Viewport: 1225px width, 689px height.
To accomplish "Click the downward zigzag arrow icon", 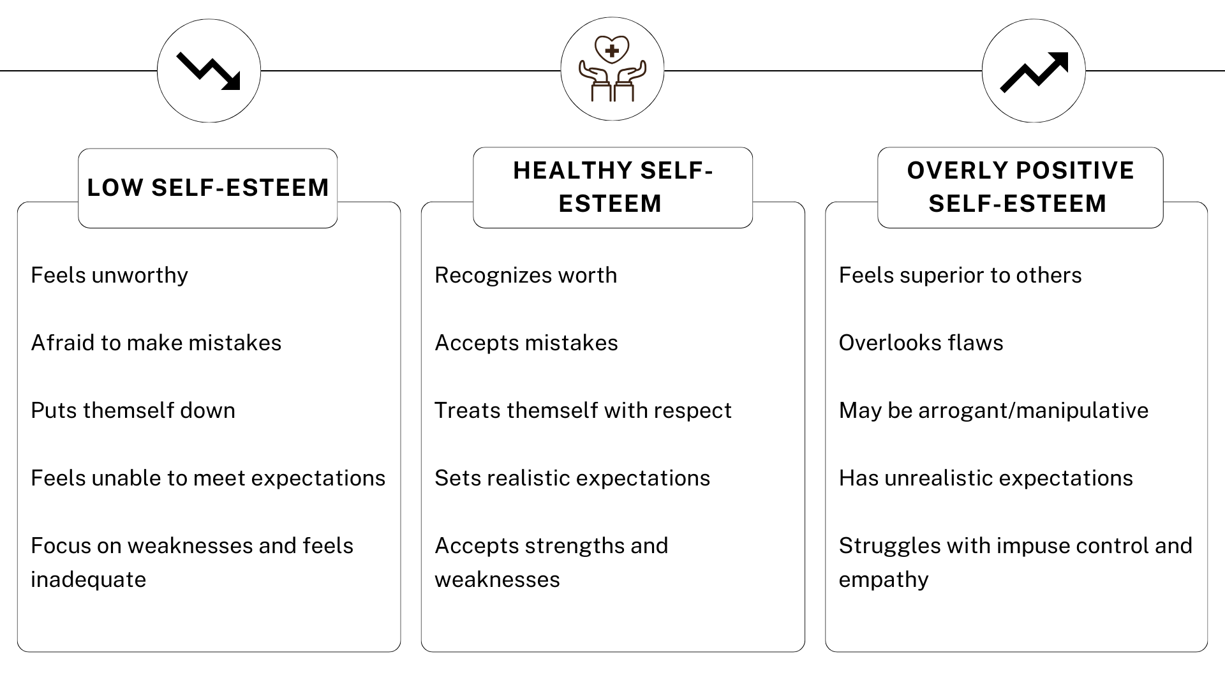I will [209, 71].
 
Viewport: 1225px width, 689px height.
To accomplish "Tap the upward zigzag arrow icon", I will [1034, 71].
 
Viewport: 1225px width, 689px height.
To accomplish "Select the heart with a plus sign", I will [612, 50].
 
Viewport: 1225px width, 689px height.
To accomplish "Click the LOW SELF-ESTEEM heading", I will [208, 188].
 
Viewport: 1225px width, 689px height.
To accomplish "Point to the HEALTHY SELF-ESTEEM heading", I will [612, 187].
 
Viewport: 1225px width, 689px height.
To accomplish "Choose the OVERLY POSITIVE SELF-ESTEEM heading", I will [1020, 187].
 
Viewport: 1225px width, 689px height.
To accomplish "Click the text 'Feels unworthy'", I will [109, 275].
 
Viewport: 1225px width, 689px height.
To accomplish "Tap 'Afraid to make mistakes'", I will [156, 343].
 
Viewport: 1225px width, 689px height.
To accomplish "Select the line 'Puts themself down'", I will [133, 410].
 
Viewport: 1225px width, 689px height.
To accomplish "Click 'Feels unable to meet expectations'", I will [208, 478].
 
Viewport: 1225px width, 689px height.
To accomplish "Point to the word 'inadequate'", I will [88, 579].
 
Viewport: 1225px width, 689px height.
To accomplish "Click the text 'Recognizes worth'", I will [526, 275].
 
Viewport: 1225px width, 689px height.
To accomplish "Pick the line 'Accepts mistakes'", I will [526, 343].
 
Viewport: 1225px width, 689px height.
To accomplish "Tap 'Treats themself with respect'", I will [583, 410].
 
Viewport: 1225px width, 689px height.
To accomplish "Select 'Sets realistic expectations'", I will [572, 478].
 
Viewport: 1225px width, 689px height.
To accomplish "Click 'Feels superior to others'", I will [960, 275].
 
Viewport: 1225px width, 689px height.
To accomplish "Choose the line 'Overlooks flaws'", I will [921, 343].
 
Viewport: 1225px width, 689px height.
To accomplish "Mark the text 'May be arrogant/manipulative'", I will [993, 410].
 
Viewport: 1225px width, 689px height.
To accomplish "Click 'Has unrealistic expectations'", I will [986, 478].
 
